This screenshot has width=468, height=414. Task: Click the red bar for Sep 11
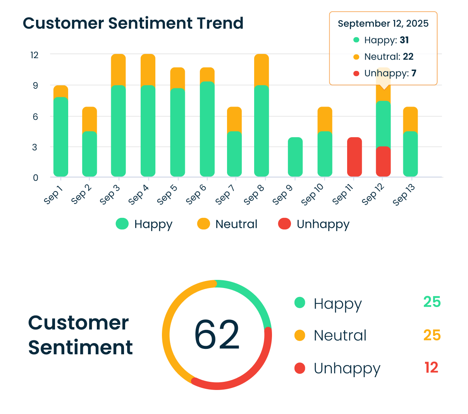[354, 157]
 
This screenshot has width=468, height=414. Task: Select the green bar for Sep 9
[295, 157]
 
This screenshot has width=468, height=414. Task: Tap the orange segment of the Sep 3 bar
[118, 69]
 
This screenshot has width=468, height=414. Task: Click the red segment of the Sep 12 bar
[383, 162]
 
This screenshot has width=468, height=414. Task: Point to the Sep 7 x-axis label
[225, 194]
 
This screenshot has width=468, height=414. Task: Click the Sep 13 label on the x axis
[404, 195]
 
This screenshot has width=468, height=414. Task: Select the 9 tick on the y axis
[35, 86]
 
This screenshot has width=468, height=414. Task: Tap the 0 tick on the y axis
[35, 178]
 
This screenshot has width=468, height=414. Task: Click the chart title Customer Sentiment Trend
[133, 23]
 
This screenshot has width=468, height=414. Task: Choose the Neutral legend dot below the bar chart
[203, 224]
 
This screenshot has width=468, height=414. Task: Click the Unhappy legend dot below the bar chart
[284, 224]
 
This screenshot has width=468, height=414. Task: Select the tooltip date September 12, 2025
[383, 24]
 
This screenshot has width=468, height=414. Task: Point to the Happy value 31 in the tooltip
[404, 40]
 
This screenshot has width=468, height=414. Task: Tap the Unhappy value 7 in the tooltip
[414, 73]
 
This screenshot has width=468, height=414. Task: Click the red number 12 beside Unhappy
[431, 367]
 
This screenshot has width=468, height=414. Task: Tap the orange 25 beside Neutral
[432, 335]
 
